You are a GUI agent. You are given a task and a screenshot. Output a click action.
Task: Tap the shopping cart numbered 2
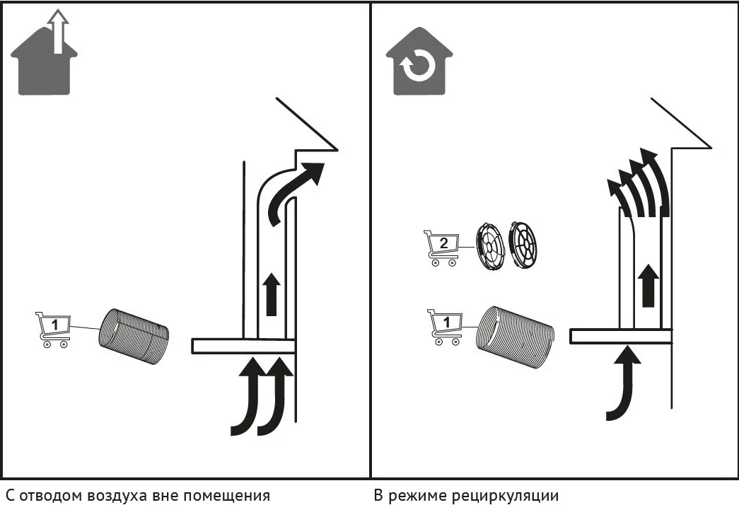pyautogui.click(x=442, y=248)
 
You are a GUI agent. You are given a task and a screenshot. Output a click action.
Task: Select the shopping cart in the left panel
pyautogui.click(x=53, y=330)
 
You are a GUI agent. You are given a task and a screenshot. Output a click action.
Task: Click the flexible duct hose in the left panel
pyautogui.click(x=134, y=336)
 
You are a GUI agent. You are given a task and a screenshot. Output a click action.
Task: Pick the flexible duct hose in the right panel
pyautogui.click(x=515, y=336)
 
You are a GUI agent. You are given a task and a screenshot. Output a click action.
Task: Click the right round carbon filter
pyautogui.click(x=523, y=246)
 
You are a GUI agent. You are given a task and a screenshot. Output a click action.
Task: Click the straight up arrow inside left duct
pyautogui.click(x=272, y=294)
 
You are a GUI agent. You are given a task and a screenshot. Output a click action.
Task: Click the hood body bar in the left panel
pyautogui.click(x=244, y=346)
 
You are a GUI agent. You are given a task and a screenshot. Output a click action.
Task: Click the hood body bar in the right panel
pyautogui.click(x=621, y=336)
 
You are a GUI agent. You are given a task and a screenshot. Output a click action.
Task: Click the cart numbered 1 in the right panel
pyautogui.click(x=446, y=327)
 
